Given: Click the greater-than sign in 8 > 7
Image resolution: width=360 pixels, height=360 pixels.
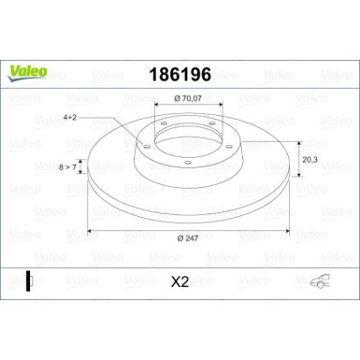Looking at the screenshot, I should [x=65, y=167].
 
